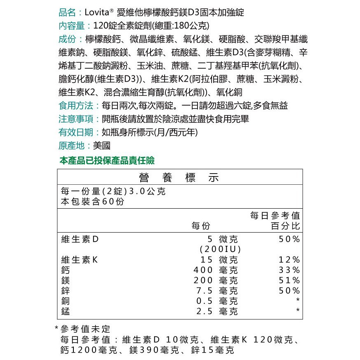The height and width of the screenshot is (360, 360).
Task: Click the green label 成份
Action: [x=68, y=39]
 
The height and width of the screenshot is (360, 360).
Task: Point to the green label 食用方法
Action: [x=77, y=106]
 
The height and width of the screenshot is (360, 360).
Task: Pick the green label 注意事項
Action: [x=77, y=119]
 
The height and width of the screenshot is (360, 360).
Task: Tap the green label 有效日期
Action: [x=77, y=132]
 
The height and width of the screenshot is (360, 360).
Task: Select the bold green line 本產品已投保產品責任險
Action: [x=107, y=160]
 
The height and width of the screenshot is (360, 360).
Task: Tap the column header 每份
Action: [x=201, y=226]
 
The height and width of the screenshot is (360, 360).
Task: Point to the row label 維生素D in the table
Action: [x=80, y=240]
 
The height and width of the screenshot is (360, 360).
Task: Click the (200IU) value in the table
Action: [x=220, y=249]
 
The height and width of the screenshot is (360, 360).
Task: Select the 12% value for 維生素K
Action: [x=289, y=260]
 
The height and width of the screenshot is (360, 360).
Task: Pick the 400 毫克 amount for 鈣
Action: [x=216, y=270]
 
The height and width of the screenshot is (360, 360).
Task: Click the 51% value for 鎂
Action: [x=289, y=280]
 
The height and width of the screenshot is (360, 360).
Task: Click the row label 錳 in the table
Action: [x=65, y=311]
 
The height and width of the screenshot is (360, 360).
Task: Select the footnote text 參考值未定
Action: [x=86, y=329]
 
